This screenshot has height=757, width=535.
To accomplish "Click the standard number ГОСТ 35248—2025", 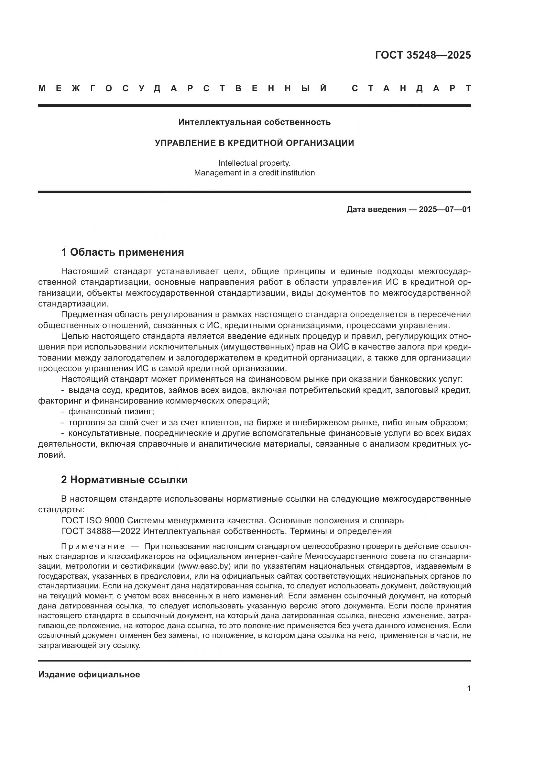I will [423, 55].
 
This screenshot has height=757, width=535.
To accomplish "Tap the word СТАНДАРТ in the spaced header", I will [411, 88].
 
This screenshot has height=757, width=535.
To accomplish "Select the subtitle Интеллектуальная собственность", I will [254, 122].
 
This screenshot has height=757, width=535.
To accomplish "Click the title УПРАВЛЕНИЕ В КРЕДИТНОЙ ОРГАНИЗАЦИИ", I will [254, 143].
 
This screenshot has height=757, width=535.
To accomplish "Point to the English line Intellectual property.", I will [254, 163].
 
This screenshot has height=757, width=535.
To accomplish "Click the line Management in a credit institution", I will [254, 173].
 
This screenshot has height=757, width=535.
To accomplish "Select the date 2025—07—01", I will [445, 209].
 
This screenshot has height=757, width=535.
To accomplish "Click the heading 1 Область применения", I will [122, 252].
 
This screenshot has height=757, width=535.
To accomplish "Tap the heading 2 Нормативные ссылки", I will [124, 480].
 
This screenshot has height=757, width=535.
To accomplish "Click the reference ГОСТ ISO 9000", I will [93, 521].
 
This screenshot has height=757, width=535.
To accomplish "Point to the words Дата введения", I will [376, 209].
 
